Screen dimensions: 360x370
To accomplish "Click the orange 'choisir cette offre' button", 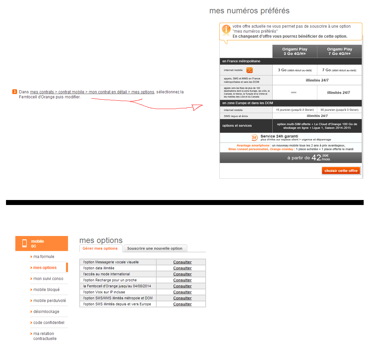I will point(341,171).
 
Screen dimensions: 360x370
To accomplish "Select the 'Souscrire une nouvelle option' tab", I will point(155,248).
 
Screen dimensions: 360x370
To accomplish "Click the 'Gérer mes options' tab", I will point(100,248).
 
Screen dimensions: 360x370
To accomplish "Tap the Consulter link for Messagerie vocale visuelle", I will point(182,262).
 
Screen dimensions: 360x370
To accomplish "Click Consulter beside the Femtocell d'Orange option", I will point(182,286).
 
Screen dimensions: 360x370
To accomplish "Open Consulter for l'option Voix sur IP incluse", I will point(182,292).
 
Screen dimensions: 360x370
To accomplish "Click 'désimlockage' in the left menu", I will point(46,312).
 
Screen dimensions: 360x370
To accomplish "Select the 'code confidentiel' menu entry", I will point(49,323).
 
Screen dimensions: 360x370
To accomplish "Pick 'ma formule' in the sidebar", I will point(44,257).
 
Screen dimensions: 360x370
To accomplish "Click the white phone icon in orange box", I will point(24,244).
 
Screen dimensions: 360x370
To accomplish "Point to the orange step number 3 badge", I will point(15,92).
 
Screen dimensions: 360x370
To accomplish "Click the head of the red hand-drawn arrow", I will point(198,107).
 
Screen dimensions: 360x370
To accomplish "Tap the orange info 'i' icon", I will point(226,29).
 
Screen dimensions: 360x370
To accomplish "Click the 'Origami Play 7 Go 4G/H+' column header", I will point(339,51).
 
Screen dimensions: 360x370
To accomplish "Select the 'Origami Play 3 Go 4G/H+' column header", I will point(295,51).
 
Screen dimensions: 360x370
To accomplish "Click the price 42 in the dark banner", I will point(316,158).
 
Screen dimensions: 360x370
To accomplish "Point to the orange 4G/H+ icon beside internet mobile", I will point(249,70).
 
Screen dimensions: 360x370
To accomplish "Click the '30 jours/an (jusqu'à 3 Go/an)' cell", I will point(339,110).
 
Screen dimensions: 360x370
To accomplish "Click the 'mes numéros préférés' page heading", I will point(249,11).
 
